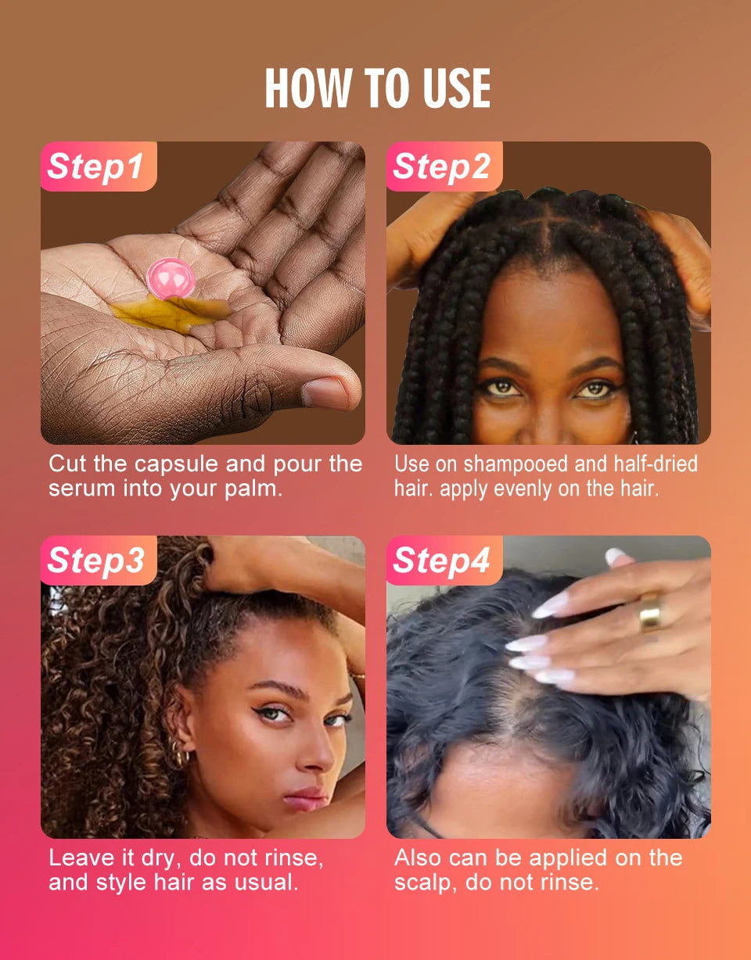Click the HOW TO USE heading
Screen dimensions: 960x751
coord(377,88)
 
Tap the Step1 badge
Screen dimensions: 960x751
coord(96,167)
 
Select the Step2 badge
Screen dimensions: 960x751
coord(442,167)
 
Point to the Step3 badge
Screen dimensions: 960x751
coord(96,561)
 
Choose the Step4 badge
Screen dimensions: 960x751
coord(442,561)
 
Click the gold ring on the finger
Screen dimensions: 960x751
coord(650,611)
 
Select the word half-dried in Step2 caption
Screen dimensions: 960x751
coord(655,464)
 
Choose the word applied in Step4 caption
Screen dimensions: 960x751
coord(570,858)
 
